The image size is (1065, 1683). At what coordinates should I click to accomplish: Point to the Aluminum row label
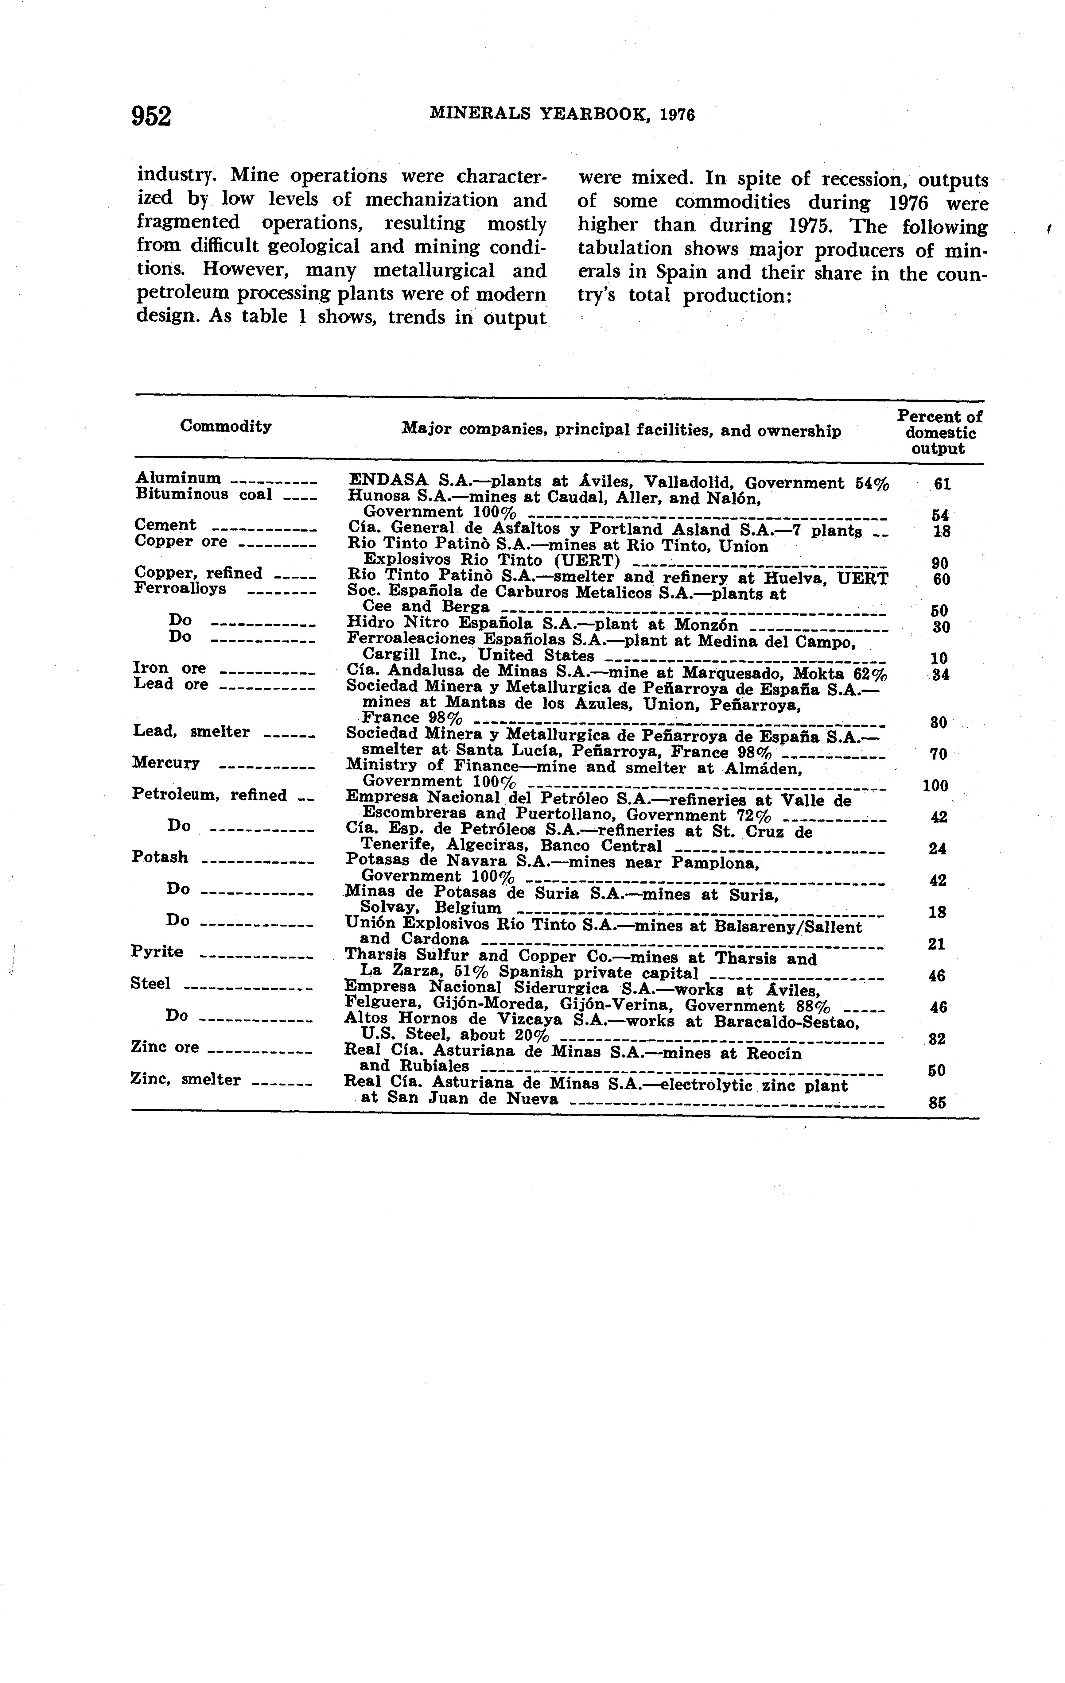[178, 478]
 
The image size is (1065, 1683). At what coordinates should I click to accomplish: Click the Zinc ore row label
[165, 1047]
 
